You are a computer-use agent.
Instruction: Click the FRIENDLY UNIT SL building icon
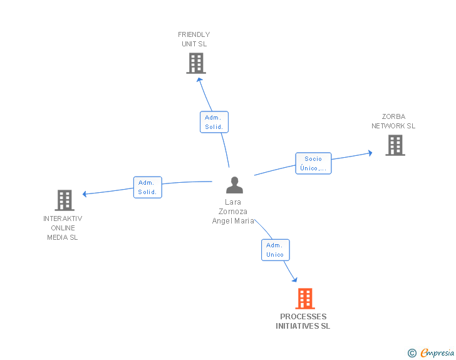[196, 63]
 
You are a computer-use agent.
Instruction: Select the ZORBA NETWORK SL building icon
[395, 145]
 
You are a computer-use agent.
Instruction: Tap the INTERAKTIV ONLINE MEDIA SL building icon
[65, 200]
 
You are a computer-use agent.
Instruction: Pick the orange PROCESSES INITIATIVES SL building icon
[304, 299]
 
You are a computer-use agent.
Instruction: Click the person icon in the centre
[234, 185]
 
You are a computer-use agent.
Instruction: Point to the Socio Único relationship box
[313, 163]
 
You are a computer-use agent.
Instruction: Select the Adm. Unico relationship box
[275, 250]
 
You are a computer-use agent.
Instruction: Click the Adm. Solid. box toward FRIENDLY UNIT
[214, 122]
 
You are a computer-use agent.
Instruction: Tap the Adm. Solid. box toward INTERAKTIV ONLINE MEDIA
[148, 187]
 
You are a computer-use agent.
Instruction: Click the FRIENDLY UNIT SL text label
[194, 39]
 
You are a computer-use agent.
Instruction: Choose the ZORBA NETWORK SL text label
[393, 121]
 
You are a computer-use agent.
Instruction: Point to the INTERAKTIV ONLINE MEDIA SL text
[63, 228]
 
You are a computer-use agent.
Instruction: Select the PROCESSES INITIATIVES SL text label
[303, 321]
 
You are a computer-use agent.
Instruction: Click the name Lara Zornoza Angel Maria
[234, 212]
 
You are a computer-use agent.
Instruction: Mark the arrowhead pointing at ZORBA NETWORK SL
[370, 152]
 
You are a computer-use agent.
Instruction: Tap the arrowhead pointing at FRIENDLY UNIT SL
[200, 80]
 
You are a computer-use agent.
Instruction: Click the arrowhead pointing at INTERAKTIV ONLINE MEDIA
[85, 194]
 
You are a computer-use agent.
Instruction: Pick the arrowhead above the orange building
[294, 280]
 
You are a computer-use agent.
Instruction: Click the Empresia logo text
[437, 353]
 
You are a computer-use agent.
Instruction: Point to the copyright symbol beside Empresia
[412, 353]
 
